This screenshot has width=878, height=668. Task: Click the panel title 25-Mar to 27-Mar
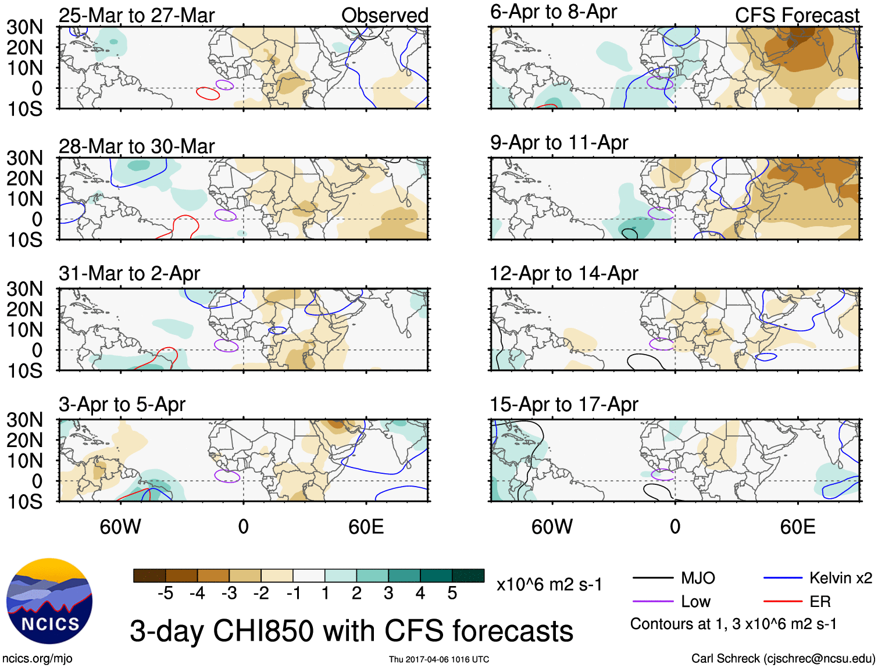click(x=137, y=15)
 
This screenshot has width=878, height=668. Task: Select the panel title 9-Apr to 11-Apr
click(x=559, y=142)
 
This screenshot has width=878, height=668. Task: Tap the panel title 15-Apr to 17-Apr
click(x=563, y=404)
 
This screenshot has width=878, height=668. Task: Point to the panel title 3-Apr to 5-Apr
click(x=122, y=404)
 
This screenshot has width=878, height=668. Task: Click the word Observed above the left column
click(x=384, y=15)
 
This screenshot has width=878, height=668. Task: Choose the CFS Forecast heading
click(x=797, y=15)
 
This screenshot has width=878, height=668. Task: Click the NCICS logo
click(x=49, y=601)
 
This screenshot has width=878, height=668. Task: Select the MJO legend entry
click(x=697, y=578)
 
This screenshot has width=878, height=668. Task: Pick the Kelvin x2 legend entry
click(x=840, y=578)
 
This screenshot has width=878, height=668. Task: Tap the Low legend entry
click(x=695, y=602)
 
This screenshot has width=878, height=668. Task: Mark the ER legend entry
click(x=820, y=602)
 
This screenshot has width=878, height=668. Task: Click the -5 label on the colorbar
click(x=165, y=593)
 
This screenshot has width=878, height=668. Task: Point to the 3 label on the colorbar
click(x=388, y=593)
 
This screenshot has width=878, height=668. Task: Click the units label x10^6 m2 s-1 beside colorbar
click(x=549, y=584)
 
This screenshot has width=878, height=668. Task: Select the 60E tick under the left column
click(x=366, y=527)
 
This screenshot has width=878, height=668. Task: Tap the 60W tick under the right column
click(x=552, y=527)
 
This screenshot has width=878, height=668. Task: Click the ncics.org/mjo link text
click(x=37, y=658)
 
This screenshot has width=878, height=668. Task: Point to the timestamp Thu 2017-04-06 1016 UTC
click(x=439, y=659)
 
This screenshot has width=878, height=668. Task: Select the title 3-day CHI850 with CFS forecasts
click(x=351, y=631)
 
